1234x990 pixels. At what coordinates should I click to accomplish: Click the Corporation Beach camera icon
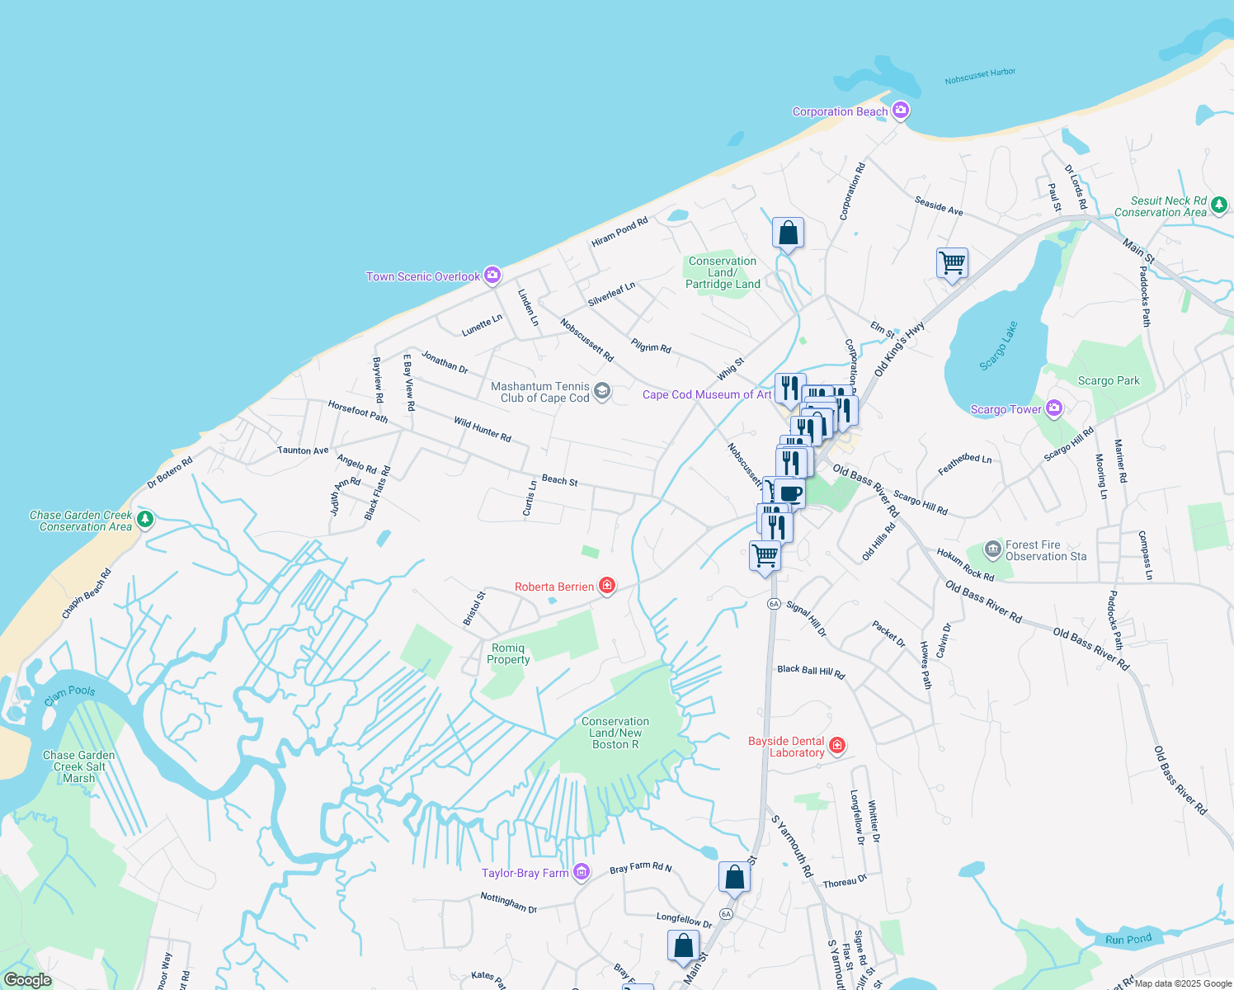point(901,111)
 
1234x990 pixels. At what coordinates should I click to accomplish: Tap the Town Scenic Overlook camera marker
point(492,276)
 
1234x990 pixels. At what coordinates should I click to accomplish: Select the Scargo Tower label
point(1006,409)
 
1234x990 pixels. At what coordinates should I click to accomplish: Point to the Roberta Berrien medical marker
point(607,586)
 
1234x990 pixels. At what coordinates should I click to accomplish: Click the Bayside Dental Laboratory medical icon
point(837,746)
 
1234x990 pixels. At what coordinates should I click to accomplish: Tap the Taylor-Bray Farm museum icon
point(582,872)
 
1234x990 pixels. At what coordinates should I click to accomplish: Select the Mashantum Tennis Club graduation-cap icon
point(602,391)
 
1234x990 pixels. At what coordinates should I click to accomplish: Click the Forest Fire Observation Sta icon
point(993,549)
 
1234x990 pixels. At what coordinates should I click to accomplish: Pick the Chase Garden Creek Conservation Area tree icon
point(145,519)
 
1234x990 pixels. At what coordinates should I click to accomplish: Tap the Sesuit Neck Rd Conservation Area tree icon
point(1219,205)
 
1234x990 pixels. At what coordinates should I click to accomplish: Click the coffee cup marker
point(789,493)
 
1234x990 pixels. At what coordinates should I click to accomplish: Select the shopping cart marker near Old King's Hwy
point(952,263)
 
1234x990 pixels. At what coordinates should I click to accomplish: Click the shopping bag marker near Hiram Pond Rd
point(788,233)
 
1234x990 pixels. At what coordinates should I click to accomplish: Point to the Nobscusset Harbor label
point(980,76)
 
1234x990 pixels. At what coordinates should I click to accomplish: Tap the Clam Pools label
point(69,695)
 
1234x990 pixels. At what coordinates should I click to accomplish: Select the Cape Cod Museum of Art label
point(707,394)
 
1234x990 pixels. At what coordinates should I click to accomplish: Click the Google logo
point(27,980)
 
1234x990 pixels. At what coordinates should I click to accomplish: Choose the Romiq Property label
point(508,653)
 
